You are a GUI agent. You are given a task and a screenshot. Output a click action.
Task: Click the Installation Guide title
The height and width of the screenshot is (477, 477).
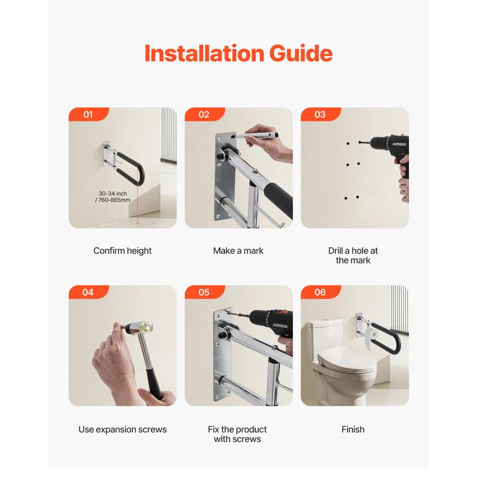click(238, 53)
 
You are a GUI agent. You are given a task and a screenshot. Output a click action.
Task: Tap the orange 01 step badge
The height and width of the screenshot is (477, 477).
click(88, 114)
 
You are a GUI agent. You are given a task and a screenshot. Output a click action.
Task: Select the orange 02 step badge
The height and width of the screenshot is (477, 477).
click(205, 114)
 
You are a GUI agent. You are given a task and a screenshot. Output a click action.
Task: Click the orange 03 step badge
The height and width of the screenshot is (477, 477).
click(320, 114)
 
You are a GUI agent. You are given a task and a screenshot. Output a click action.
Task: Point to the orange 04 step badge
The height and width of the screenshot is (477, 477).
click(88, 292)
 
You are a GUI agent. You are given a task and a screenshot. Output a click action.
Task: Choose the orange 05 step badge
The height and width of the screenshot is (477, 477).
click(205, 292)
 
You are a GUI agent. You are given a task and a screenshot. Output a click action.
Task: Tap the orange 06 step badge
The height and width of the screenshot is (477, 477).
click(320, 292)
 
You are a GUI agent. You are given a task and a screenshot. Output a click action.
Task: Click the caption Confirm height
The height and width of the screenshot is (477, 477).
click(122, 251)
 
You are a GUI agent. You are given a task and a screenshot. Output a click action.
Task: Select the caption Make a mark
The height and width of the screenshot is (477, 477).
click(238, 250)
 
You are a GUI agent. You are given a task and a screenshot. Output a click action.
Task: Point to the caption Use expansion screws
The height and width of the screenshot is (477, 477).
click(123, 429)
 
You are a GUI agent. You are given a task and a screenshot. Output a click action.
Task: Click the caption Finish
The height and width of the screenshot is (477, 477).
click(353, 429)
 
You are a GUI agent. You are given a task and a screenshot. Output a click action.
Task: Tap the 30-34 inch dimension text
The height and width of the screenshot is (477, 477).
click(113, 197)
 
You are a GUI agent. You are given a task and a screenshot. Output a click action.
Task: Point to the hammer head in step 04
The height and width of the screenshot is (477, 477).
click(138, 327)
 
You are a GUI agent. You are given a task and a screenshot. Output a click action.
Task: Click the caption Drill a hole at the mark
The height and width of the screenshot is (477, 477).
click(353, 256)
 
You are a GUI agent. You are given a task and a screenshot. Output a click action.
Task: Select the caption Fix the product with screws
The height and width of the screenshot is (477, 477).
click(237, 434)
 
